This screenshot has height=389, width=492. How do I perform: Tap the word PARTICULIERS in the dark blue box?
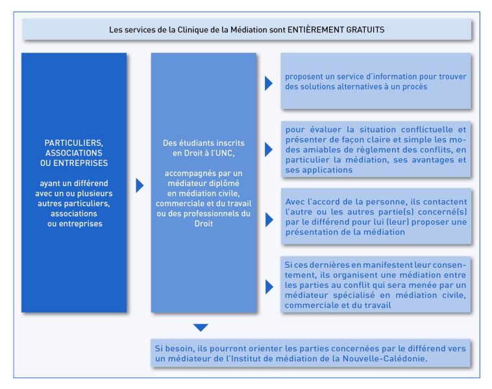click(73, 142)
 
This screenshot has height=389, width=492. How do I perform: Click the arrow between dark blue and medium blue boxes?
click(139, 185)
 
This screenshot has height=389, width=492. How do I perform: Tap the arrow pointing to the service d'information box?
click(268, 83)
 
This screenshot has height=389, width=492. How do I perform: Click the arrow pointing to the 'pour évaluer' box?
click(268, 150)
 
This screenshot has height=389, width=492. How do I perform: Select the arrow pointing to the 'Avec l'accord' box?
click(268, 219)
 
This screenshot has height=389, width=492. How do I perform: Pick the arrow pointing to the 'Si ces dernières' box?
click(268, 286)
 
